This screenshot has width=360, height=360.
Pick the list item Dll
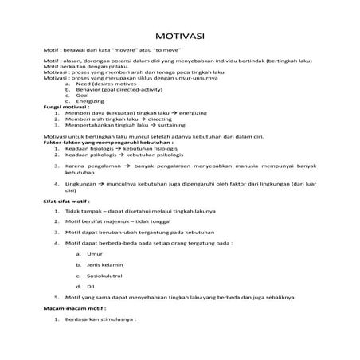(x=91, y=284)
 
